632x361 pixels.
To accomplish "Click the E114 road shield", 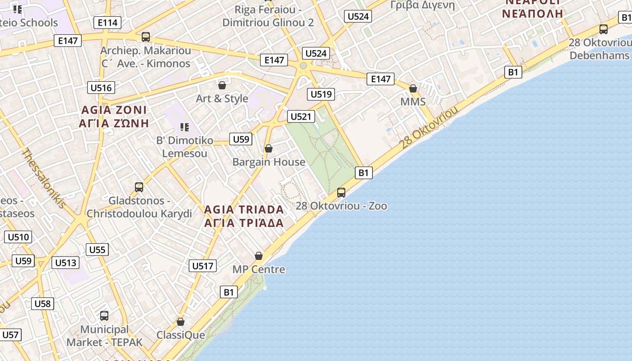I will [107, 23].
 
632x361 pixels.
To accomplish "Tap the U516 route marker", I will [101, 88].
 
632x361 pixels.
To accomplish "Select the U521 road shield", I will [301, 116].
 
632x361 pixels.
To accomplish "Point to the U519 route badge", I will [321, 94].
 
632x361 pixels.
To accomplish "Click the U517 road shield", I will [203, 266].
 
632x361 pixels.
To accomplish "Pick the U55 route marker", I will [97, 250].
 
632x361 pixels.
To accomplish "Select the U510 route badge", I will [18, 237].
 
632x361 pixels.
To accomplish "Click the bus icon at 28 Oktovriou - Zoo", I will [341, 193].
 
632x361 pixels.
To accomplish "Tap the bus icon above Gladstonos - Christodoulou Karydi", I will [139, 187].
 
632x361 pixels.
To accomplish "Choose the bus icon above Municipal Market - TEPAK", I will [104, 316].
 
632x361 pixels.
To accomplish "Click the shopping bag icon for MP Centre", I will [259, 256].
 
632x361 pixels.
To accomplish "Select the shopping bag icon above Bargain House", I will [269, 148].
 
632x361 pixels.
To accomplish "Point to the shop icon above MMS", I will [413, 88].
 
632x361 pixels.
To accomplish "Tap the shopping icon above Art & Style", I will [222, 85].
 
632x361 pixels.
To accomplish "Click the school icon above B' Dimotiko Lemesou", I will [184, 127].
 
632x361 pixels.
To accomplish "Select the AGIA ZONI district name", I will [114, 110].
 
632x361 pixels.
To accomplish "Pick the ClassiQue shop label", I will [181, 335].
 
